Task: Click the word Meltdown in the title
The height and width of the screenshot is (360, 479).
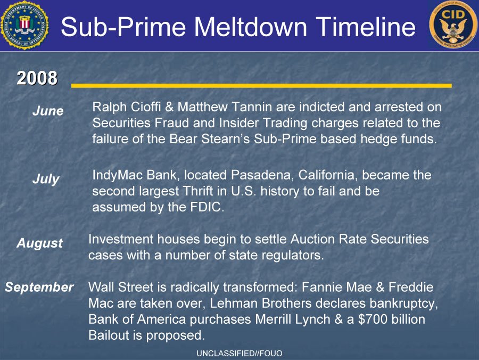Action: [251, 27]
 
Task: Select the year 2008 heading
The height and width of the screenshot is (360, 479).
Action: [37, 78]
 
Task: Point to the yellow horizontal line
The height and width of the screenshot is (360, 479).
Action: [261, 86]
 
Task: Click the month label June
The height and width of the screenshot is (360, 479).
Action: [48, 111]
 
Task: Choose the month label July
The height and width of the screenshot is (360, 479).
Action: [46, 179]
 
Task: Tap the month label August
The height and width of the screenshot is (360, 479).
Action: [40, 243]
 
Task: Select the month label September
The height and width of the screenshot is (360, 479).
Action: [39, 287]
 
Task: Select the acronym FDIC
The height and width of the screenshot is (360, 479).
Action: [207, 207]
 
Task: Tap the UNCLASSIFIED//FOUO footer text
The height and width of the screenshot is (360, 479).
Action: [239, 354]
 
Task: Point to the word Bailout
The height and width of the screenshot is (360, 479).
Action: [109, 336]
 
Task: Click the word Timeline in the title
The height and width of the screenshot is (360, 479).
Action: [365, 27]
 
